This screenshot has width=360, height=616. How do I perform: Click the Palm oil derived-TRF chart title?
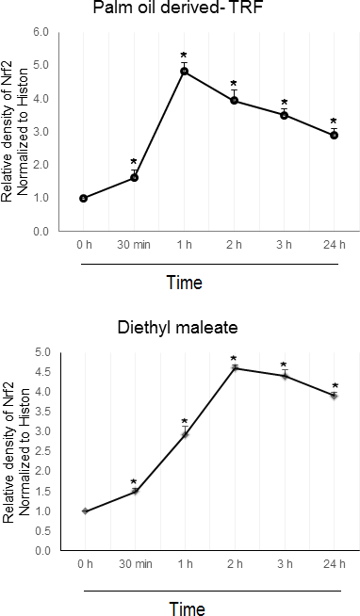pyautogui.click(x=177, y=8)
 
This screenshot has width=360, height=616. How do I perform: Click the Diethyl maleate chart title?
pyautogui.click(x=177, y=327)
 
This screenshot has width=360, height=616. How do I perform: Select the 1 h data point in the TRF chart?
pyautogui.click(x=184, y=71)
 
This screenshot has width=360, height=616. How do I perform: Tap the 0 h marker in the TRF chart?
pyautogui.click(x=83, y=199)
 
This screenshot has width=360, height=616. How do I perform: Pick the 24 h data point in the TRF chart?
pyautogui.click(x=334, y=135)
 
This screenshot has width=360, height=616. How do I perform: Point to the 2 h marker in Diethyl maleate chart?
pyautogui.click(x=235, y=368)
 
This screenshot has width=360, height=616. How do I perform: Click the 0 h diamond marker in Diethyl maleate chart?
pyautogui.click(x=85, y=511)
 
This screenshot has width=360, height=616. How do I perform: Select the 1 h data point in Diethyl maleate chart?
pyautogui.click(x=185, y=434)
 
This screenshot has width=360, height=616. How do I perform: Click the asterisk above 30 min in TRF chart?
pyautogui.click(x=134, y=162)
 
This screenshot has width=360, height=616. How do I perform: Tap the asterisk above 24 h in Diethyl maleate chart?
pyautogui.click(x=335, y=386)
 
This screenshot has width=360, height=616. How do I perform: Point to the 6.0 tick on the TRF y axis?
pyautogui.click(x=41, y=33)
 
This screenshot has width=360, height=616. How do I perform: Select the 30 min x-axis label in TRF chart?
pyautogui.click(x=134, y=245)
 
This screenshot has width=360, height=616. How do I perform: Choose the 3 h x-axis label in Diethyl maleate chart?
pyautogui.click(x=285, y=564)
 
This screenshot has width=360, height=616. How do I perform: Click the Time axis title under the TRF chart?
pyautogui.click(x=185, y=283)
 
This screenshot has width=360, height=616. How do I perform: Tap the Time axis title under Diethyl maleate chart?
pyautogui.click(x=188, y=608)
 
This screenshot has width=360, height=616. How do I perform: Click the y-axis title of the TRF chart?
pyautogui.click(x=15, y=132)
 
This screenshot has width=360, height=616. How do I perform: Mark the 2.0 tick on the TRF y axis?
pyautogui.click(x=41, y=165)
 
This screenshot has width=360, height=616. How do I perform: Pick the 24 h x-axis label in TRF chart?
pyautogui.click(x=334, y=245)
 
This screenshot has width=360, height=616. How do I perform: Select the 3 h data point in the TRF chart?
pyautogui.click(x=285, y=115)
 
